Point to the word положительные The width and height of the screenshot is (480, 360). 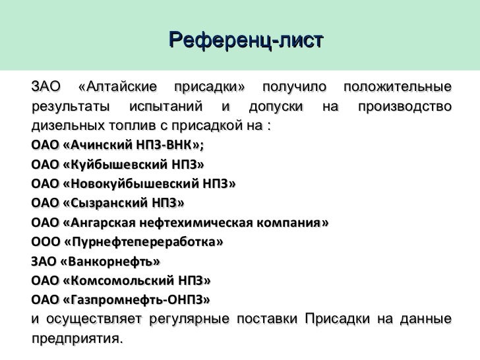(x=398, y=88)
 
